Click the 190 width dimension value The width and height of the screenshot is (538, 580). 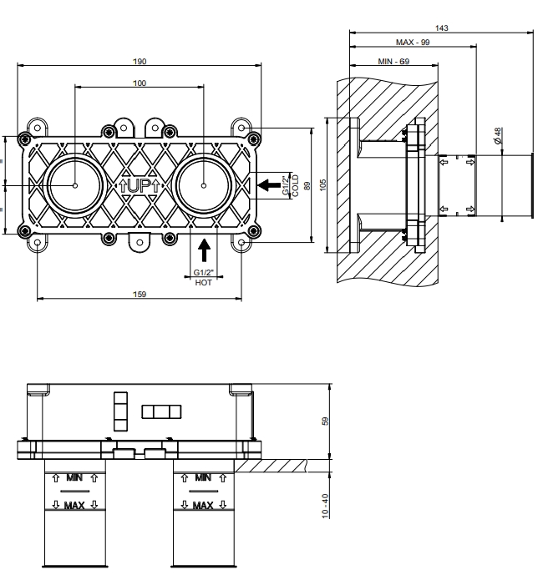[x=140, y=61]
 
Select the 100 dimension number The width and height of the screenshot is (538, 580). [x=140, y=83]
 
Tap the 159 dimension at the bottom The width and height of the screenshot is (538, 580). [x=140, y=293]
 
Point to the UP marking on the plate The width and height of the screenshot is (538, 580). [x=140, y=184]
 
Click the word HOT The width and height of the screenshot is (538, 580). [x=203, y=283]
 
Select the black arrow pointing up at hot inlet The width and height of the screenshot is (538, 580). [x=204, y=248]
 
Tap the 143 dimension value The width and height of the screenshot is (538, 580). [x=442, y=28]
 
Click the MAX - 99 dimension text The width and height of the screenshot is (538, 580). [x=412, y=42]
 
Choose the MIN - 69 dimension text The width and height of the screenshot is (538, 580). [x=393, y=61]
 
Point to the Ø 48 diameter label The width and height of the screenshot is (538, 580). [x=497, y=135]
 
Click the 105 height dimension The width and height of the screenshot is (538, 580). [x=323, y=184]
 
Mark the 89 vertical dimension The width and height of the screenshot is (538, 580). [x=307, y=184]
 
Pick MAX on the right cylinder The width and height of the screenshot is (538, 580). [x=202, y=504]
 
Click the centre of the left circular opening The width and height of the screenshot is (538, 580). [x=74, y=184]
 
